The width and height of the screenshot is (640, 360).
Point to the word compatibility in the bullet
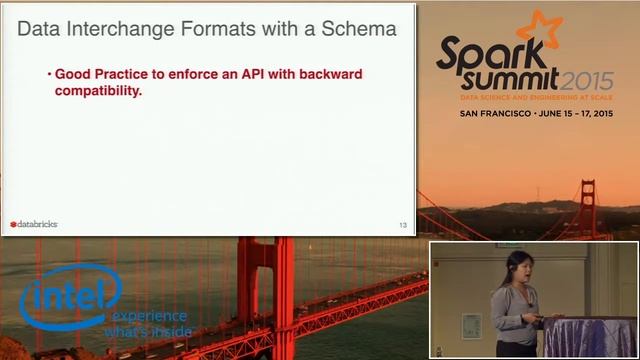coord(98,91)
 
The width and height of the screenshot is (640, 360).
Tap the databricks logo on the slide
coord(34,224)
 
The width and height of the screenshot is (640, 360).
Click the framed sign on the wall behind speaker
coord(471,325)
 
